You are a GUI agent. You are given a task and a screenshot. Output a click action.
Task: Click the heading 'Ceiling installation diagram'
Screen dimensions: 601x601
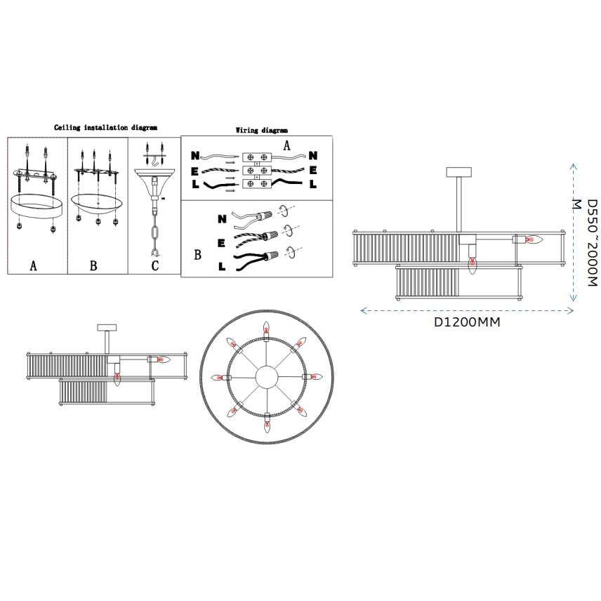(x=105, y=128)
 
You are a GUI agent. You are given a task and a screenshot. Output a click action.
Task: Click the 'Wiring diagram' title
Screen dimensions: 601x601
(x=261, y=131)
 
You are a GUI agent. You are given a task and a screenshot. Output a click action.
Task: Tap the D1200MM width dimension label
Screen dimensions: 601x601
(x=467, y=322)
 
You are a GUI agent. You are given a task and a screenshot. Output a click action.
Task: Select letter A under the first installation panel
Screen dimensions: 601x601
(x=33, y=265)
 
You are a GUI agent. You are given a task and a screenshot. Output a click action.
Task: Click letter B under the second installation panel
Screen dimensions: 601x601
(x=93, y=265)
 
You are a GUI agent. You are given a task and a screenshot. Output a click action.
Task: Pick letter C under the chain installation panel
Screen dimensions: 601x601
(x=155, y=265)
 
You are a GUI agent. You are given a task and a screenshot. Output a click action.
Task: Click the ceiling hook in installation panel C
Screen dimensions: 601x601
(x=155, y=162)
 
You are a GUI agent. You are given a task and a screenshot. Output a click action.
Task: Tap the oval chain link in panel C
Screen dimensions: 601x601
(x=155, y=235)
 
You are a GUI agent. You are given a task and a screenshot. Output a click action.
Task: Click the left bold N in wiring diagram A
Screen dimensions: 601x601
(x=195, y=155)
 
